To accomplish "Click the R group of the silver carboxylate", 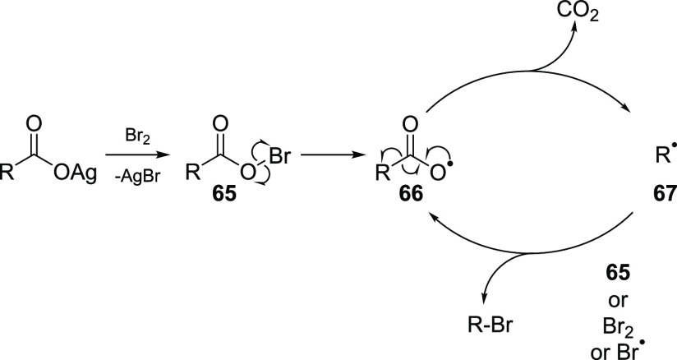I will (9, 175).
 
